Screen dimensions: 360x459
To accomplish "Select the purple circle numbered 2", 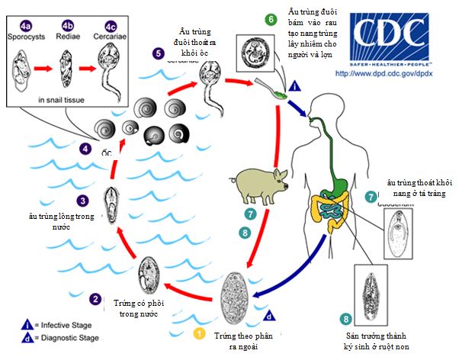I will (x=95, y=300).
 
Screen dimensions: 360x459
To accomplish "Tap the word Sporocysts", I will (x=28, y=35).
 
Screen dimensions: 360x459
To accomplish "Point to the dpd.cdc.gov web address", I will (x=394, y=74).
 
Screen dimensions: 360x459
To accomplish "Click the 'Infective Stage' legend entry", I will (x=49, y=323).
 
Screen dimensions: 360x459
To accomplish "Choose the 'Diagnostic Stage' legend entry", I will (x=53, y=336).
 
